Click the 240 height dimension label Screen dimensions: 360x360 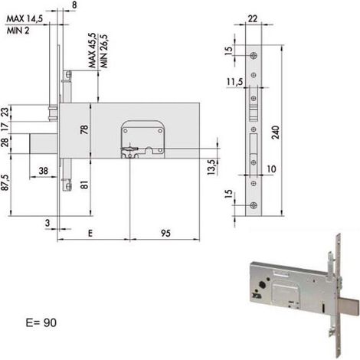(x=276, y=133)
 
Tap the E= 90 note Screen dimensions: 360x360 (x=41, y=322)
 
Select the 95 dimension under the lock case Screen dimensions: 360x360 (x=165, y=233)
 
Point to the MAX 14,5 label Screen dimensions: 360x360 (x=25, y=18)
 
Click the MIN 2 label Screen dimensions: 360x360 (x=18, y=31)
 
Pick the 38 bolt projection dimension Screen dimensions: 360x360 (x=44, y=171)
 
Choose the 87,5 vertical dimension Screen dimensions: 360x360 (x=5, y=182)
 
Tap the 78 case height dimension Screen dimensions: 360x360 (x=84, y=129)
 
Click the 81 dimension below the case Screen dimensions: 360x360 (x=84, y=185)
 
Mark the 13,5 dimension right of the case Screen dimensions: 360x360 (x=211, y=167)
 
